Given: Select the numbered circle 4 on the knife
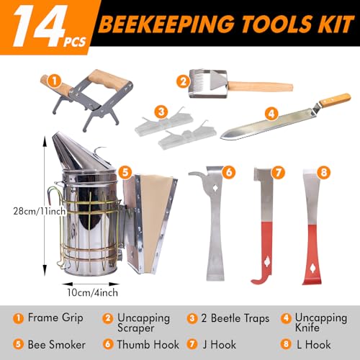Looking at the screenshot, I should coord(271,114).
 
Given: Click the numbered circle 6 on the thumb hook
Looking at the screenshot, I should coord(228,172).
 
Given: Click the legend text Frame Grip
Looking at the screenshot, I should coord(55,318).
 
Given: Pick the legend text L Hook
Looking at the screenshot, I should coord(323,344).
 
